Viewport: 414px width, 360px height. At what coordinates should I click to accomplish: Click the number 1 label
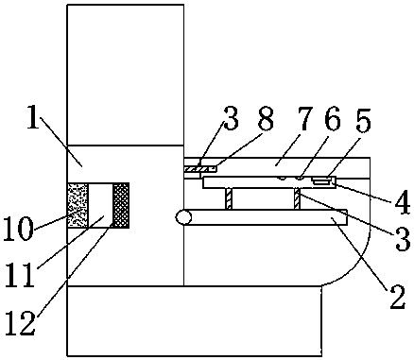point(34,117)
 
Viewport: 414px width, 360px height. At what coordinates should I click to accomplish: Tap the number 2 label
point(398,297)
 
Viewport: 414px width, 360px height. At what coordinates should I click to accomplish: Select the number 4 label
point(403,202)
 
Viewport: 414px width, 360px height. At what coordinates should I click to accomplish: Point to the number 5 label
point(364,121)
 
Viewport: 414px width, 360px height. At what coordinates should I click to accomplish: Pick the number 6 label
point(333,119)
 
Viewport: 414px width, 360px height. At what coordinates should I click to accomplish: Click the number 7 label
point(305,118)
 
